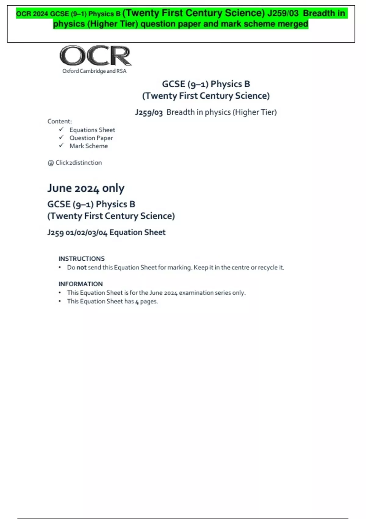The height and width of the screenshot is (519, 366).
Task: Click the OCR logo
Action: point(95,56)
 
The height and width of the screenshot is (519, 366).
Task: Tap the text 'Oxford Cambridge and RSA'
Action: point(94,71)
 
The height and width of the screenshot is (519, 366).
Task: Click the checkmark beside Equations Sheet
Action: point(61,129)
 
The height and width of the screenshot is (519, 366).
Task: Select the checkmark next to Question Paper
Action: point(61,137)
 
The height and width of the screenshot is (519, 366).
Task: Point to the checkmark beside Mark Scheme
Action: point(61,145)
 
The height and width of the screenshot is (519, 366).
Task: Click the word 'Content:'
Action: point(59,121)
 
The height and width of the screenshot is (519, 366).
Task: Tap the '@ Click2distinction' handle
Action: point(75,163)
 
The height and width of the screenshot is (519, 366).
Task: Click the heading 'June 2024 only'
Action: point(86,188)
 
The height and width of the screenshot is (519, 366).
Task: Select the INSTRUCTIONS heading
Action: point(81,259)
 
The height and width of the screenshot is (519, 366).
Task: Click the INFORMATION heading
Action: point(81,284)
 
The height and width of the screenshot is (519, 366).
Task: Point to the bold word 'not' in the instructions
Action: point(81,267)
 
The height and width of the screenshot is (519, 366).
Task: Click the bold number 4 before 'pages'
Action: point(137,302)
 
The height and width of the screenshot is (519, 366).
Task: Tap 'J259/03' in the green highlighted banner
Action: point(283,13)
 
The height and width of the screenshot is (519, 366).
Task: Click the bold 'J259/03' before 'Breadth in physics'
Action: point(149,112)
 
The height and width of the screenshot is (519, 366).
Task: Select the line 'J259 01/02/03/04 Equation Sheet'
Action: point(106,232)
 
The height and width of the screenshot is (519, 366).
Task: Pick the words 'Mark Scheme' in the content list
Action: point(88,146)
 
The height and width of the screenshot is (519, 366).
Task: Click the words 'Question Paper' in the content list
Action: point(91,138)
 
